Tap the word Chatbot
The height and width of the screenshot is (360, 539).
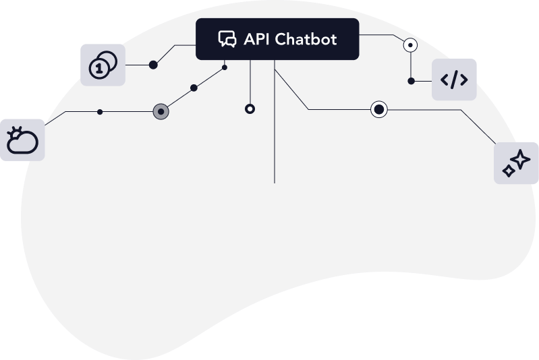pos(306,39)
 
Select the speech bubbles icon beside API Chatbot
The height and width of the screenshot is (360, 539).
pos(227,39)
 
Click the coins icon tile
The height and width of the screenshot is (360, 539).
pos(103,65)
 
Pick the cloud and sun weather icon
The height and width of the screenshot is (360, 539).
pos(22,140)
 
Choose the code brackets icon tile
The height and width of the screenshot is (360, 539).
pos(454,80)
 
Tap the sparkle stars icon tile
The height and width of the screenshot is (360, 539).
pos(516,163)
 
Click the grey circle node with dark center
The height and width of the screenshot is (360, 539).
pos(161,112)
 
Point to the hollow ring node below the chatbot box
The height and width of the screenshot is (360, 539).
pos(250,109)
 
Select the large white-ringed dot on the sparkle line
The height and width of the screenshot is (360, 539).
pos(379,110)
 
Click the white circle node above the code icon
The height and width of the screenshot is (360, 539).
pos(410,45)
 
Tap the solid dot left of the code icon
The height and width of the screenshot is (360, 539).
pos(411,81)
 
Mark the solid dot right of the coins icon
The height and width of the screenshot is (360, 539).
pos(153,65)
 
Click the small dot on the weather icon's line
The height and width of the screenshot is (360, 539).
pos(100,112)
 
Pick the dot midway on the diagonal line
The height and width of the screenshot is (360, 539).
pos(194,88)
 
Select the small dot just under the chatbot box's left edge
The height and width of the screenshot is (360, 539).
pos(225,67)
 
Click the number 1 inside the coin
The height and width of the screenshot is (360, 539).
pos(99,69)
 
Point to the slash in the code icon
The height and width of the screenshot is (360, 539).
pos(454,80)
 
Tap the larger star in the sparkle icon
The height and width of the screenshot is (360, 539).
pos(520,159)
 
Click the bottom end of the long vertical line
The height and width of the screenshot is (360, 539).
pos(275,183)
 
